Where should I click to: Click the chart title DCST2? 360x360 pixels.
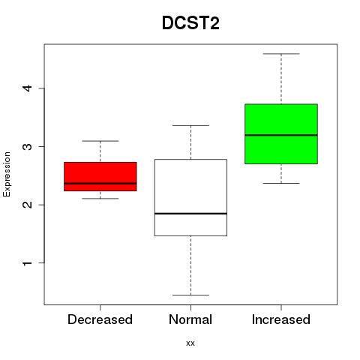(190, 23)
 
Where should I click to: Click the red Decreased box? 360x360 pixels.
(100, 176)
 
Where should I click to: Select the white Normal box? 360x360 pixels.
(190, 197)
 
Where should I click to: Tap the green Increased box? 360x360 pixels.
(281, 133)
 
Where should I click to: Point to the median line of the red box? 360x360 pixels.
(100, 183)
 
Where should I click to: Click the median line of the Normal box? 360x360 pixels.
(190, 214)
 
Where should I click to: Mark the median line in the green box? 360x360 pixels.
(281, 135)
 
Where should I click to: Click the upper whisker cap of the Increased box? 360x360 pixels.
(281, 54)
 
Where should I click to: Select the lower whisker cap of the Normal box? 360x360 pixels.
(190, 295)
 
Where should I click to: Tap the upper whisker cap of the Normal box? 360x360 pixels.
(190, 125)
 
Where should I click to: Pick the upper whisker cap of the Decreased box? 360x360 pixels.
(100, 141)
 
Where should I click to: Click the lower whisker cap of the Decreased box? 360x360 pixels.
(100, 199)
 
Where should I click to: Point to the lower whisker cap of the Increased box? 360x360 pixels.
(281, 183)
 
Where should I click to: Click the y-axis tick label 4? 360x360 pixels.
(28, 88)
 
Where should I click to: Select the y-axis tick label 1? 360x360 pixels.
(28, 263)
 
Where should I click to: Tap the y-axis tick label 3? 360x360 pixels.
(28, 146)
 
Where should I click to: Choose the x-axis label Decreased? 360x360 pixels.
(100, 319)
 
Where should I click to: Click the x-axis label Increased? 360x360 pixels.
(281, 319)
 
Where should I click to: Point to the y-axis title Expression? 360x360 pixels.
(7, 174)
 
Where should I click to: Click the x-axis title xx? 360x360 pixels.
(190, 343)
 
